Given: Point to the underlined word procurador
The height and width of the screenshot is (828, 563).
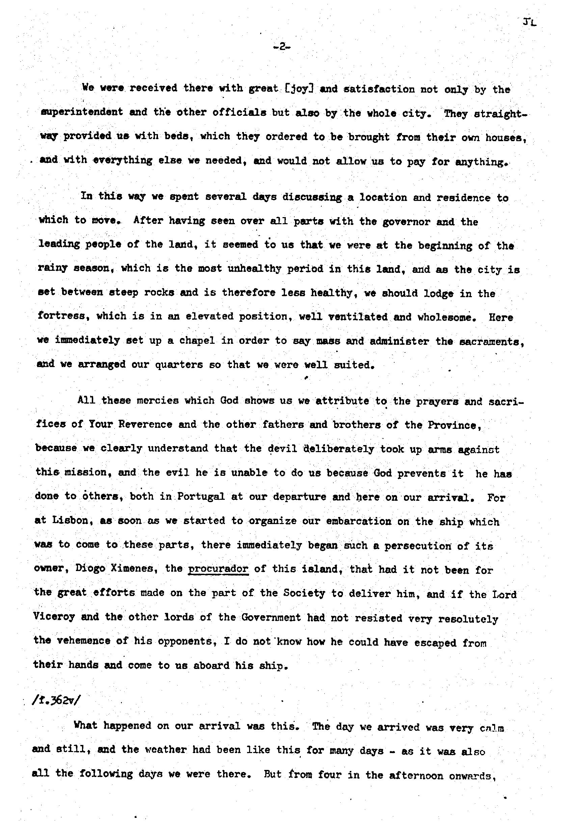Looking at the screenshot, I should point(218,569).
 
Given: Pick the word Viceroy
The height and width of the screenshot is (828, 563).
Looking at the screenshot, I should point(54,616).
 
